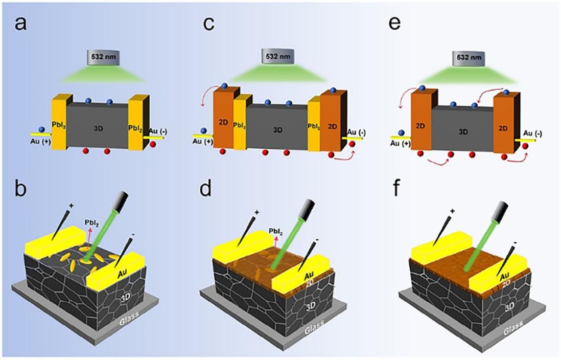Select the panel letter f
coord(396,188)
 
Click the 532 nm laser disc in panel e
coord(469,58)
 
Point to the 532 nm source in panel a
coord(104,57)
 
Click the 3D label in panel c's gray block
coord(277,130)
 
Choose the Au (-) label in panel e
coord(532,133)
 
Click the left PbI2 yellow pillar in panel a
coord(60,121)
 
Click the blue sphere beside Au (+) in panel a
coord(42,129)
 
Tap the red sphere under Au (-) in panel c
coord(352,144)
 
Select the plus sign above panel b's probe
coord(71,206)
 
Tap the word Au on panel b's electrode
coord(123,275)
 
